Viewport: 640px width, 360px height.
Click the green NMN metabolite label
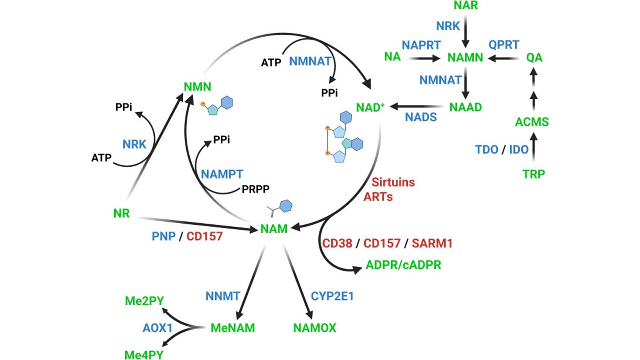tap(197, 87)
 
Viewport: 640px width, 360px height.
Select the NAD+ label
tap(370, 108)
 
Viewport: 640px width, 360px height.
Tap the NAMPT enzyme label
tap(222, 174)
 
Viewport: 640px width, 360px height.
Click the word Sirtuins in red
tap(393, 182)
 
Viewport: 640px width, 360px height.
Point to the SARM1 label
tap(432, 243)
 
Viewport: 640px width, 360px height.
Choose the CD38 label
tap(337, 243)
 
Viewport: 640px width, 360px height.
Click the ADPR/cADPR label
tap(403, 265)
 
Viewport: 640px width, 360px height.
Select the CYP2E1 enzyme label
tap(332, 296)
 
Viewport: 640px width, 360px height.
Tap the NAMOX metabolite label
tap(314, 328)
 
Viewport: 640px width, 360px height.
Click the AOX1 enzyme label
tap(157, 328)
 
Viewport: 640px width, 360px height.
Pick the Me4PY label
tap(144, 355)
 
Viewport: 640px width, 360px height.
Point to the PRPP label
tap(255, 189)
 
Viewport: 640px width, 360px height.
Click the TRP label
tap(533, 174)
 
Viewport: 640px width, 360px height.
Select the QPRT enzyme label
tap(504, 45)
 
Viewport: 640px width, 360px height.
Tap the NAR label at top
tap(466, 5)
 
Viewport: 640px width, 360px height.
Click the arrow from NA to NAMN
tap(425, 59)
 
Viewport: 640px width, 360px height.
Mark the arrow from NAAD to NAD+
tap(417, 107)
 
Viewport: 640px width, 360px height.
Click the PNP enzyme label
tap(163, 236)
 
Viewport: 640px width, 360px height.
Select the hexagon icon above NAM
tap(286, 206)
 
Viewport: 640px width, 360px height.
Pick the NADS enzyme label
tap(421, 117)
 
